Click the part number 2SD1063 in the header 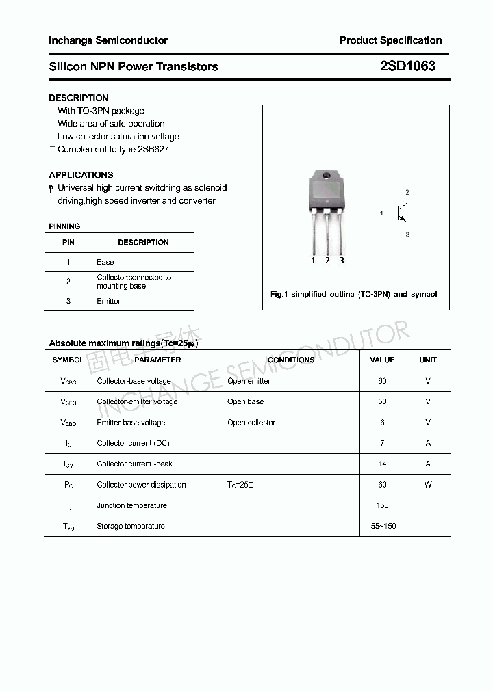(407, 66)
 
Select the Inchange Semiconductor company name (108, 40)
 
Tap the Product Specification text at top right (390, 40)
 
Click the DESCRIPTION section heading (79, 98)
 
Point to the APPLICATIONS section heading (81, 175)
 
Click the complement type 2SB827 (153, 149)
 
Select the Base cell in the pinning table (105, 262)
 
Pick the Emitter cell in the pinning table (108, 301)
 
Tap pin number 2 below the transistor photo (327, 261)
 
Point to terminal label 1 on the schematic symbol (381, 214)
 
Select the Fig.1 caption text (353, 294)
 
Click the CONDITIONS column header (291, 360)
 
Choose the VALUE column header (382, 360)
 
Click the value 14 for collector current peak (382, 464)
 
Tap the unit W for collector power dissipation (428, 485)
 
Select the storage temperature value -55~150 (382, 526)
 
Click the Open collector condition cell (251, 423)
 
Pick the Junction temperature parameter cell (131, 505)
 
